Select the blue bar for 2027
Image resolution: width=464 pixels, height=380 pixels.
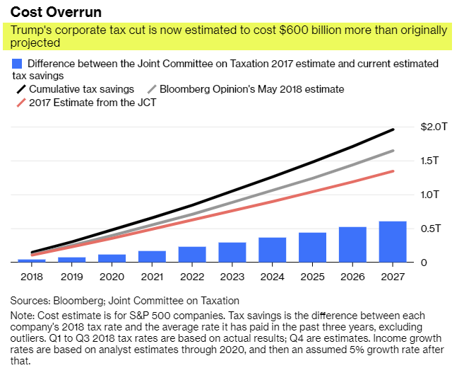[x=393, y=242]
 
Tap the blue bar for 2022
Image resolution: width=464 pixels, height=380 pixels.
[x=192, y=254]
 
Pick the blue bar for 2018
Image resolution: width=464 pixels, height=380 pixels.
[x=32, y=260]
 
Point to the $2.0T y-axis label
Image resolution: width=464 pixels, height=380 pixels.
[x=434, y=127]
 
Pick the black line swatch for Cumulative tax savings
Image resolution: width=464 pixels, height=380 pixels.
[x=21, y=90]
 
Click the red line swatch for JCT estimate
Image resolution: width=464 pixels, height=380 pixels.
[x=21, y=103]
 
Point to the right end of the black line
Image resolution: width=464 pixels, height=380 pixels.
[x=393, y=129]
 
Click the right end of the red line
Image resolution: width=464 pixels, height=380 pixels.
[x=393, y=171]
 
